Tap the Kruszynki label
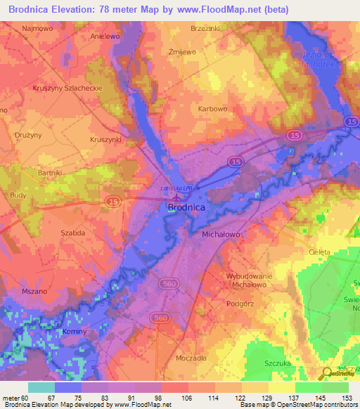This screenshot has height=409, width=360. point(106,140)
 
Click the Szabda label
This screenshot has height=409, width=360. point(73,232)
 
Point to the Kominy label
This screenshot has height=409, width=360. point(73,332)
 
